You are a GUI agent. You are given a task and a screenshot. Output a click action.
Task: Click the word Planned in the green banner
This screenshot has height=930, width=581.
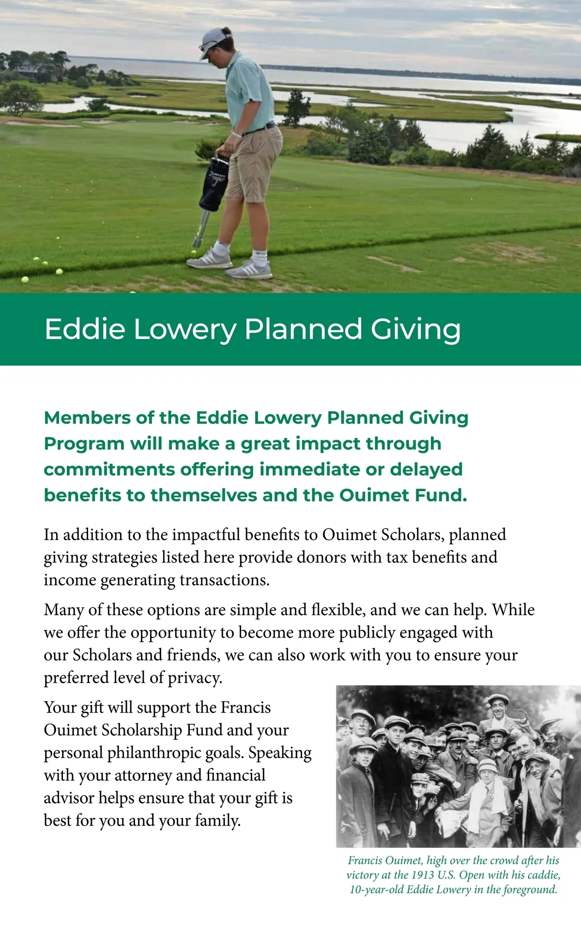(303, 329)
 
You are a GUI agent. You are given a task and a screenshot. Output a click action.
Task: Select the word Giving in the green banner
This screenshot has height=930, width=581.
(415, 329)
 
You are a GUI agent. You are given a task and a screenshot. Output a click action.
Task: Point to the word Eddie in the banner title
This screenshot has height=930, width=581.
(85, 329)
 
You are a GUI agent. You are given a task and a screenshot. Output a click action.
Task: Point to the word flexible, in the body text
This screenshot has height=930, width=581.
(338, 610)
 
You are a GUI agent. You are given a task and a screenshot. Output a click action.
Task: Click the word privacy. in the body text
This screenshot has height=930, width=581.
(195, 678)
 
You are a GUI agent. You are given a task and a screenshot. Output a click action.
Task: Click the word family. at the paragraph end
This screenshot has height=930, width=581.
(218, 821)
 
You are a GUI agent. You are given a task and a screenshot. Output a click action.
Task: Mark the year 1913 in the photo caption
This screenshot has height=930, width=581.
(423, 875)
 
